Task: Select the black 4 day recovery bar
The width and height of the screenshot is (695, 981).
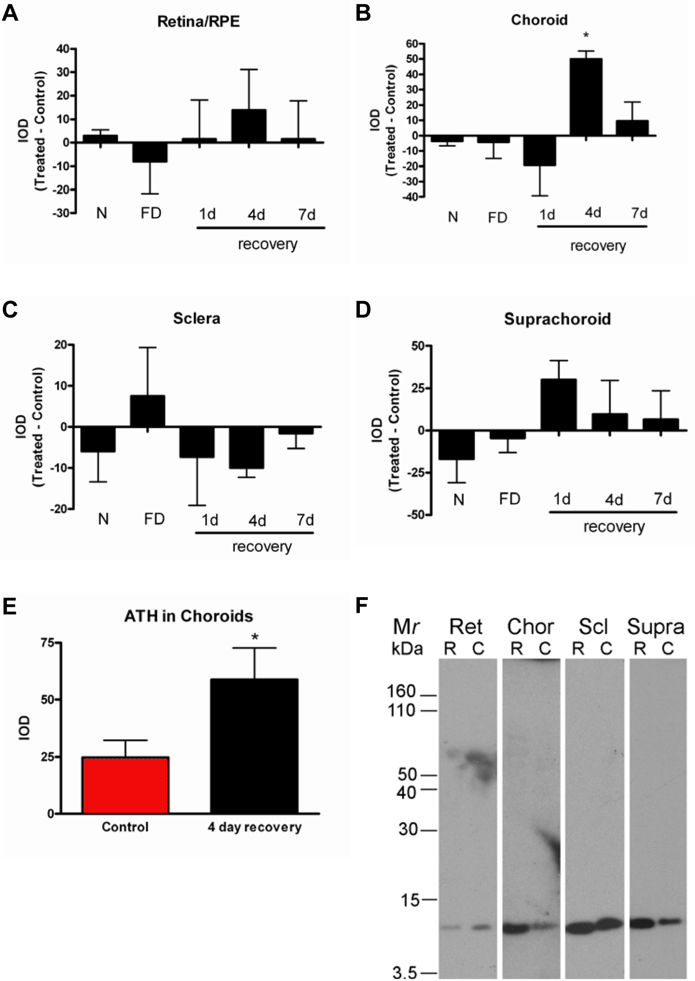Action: click(254, 746)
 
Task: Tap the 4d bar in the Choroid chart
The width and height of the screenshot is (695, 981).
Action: click(586, 97)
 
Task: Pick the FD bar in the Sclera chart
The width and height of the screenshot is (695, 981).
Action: click(147, 411)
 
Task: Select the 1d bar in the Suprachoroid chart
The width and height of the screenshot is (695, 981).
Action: click(558, 404)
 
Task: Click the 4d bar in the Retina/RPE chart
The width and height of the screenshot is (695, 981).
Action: click(249, 126)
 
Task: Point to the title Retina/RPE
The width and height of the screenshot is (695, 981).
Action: click(198, 21)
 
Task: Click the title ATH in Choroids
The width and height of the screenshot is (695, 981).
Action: click(188, 616)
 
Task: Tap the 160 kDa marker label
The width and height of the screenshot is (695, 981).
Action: click(401, 691)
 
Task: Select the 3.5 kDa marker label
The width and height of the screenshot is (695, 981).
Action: click(404, 973)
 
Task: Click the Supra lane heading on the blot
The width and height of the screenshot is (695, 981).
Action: click(655, 627)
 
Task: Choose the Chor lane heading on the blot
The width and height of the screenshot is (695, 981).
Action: click(530, 627)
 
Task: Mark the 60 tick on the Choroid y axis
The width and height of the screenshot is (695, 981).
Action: click(412, 44)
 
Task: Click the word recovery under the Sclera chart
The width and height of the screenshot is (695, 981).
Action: click(262, 546)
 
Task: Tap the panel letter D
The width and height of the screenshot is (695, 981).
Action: click(363, 310)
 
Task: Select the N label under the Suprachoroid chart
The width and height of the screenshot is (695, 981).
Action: click(459, 500)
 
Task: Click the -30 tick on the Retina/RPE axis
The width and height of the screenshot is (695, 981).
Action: click(63, 213)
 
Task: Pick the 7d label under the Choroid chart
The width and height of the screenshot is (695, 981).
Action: click(639, 213)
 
